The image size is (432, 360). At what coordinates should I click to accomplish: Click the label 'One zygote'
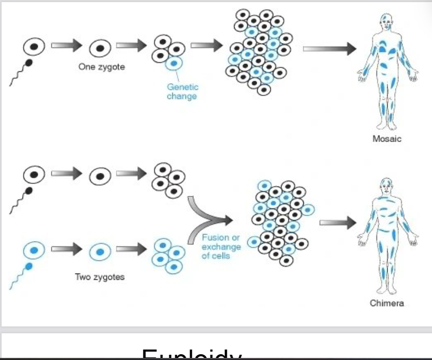(x=102, y=67)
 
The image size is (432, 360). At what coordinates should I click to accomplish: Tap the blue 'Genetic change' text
(x=182, y=92)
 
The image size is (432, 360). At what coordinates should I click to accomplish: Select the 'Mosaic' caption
(x=387, y=139)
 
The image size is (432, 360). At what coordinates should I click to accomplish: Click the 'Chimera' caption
(x=387, y=303)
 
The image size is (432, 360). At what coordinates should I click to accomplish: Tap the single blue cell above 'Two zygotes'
(x=99, y=252)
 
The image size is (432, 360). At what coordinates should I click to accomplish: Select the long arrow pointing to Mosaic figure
(x=329, y=49)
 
